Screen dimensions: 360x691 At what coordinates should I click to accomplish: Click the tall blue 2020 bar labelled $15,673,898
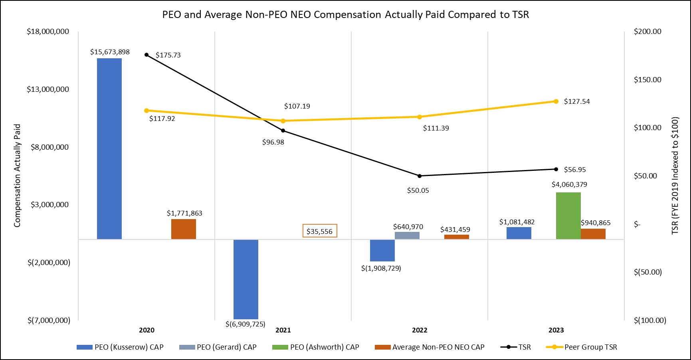(109, 148)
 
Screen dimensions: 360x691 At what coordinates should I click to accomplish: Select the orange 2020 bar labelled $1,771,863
(184, 229)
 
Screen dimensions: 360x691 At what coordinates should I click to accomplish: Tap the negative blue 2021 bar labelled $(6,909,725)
(246, 279)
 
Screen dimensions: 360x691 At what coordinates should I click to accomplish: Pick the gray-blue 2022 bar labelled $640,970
(407, 235)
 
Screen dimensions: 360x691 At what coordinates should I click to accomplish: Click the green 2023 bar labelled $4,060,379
(568, 216)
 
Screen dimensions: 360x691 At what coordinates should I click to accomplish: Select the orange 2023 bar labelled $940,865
(593, 234)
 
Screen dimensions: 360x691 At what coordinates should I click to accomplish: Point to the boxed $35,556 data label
(320, 231)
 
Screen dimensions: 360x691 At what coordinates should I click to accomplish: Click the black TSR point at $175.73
(147, 55)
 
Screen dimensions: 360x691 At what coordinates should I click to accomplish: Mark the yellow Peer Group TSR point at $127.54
(556, 101)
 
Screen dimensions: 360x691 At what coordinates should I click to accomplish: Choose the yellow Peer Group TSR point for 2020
(147, 111)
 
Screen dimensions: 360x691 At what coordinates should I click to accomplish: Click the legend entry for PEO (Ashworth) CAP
(316, 347)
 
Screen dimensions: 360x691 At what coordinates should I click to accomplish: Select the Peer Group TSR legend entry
(582, 347)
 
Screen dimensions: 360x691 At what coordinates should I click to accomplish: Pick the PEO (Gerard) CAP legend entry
(218, 347)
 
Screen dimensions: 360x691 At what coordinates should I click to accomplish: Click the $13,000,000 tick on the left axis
(48, 89)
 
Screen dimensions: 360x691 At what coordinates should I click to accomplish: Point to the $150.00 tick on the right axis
(647, 80)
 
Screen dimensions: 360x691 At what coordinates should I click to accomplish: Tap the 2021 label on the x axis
(283, 330)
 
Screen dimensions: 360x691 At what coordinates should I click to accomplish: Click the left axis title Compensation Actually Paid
(17, 176)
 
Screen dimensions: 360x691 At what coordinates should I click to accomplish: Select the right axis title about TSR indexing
(675, 176)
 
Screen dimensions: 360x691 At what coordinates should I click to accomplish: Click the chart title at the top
(345, 15)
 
